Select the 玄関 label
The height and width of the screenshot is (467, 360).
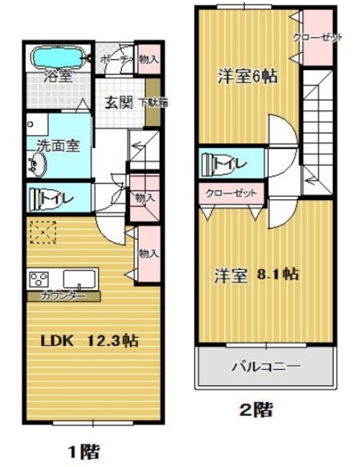click(x=118, y=102)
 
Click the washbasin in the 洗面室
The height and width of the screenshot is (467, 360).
click(x=37, y=166)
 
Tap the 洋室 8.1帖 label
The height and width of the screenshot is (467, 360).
click(x=256, y=275)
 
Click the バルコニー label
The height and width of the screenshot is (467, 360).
click(x=266, y=365)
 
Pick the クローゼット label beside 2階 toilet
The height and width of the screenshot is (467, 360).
click(x=231, y=193)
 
